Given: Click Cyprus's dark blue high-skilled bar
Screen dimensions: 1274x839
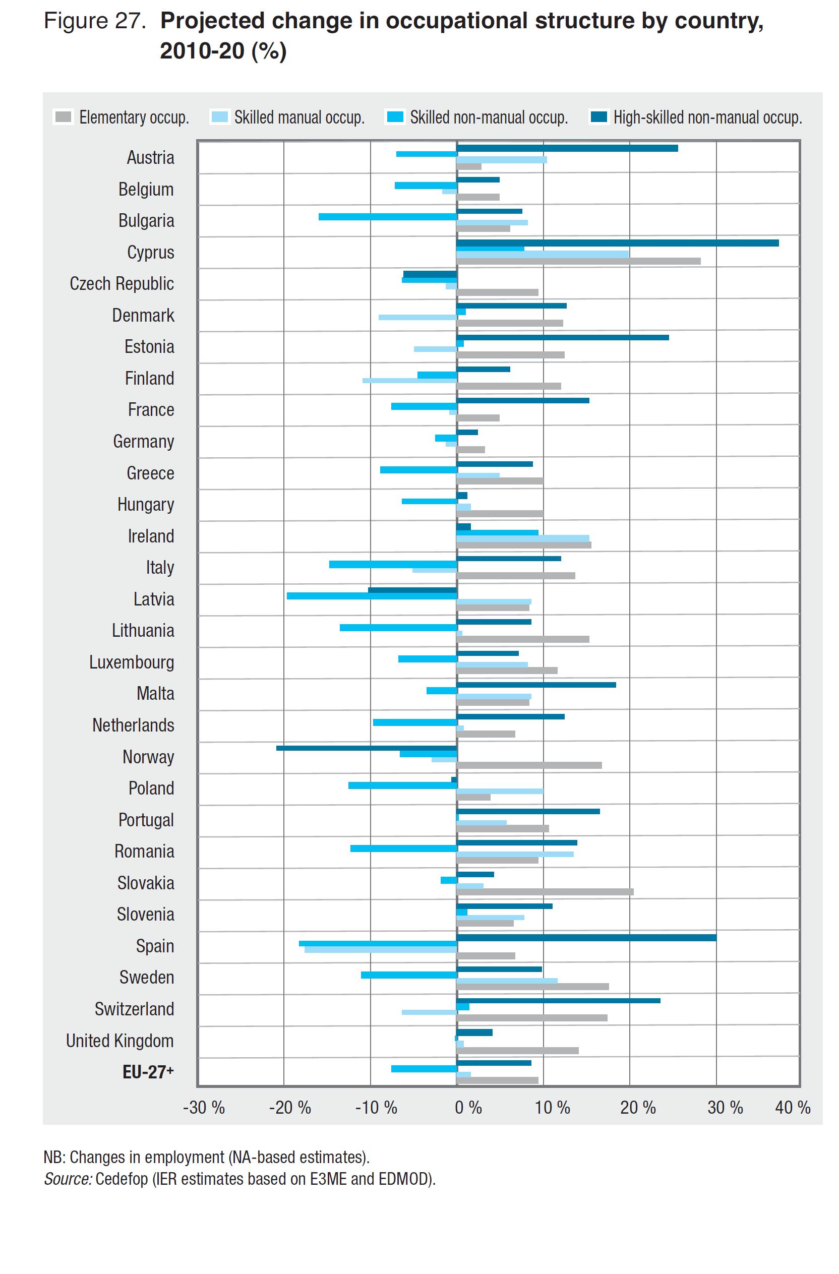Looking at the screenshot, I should click(617, 243).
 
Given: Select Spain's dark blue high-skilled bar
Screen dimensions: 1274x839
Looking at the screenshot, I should click(586, 938).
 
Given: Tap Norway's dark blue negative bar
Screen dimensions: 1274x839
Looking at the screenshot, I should click(366, 748).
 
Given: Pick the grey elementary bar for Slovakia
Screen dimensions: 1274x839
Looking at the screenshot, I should click(545, 892).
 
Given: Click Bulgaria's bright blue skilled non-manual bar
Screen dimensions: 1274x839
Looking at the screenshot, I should click(387, 217).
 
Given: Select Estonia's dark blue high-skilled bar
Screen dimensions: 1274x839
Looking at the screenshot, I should click(562, 337).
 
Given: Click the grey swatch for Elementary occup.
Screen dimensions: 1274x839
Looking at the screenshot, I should click(63, 117).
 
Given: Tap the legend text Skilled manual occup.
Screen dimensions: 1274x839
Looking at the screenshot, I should click(299, 118).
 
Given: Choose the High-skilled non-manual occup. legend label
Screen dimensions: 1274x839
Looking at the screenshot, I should click(707, 118).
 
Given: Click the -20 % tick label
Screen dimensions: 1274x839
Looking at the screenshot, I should click(289, 1108).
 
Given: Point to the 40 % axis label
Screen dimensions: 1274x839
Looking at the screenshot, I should click(793, 1108).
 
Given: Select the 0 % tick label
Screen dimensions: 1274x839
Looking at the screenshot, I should click(468, 1108).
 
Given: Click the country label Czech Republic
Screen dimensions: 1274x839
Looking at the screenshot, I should click(122, 284).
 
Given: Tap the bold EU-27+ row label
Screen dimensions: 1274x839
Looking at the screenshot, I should click(148, 1072).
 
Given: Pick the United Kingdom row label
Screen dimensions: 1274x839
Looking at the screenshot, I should click(119, 1041).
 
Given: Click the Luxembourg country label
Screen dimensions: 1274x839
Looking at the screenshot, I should click(131, 662).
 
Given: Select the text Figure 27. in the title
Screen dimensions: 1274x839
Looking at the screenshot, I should click(95, 21).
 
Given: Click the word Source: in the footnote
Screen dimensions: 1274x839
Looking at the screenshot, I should click(68, 1179).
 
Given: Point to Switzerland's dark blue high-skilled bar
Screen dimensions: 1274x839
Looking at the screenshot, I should click(558, 1000).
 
